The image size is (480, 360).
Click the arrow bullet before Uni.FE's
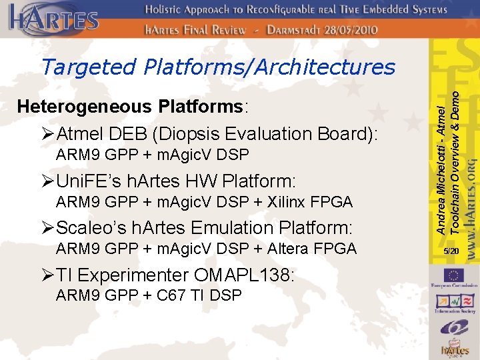pos(49,181)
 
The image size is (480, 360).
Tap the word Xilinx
pos(289,202)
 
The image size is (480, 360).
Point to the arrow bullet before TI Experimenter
pos(49,275)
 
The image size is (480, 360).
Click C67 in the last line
pos(168,295)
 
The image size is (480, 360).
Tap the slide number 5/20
pos(451,251)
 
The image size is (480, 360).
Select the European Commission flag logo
pos(455,275)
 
